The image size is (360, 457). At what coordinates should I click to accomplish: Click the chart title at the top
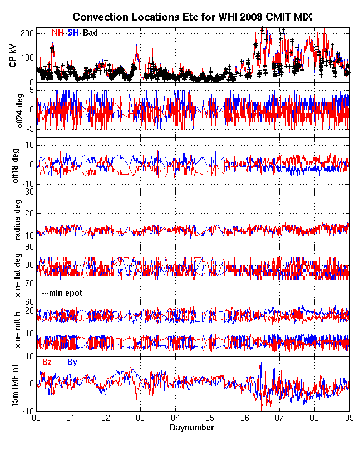click(192, 18)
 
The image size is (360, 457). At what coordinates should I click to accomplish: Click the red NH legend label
click(57, 33)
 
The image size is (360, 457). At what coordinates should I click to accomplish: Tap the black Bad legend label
click(90, 33)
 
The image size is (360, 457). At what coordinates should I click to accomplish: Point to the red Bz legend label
click(47, 362)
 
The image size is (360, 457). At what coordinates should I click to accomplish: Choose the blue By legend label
click(72, 362)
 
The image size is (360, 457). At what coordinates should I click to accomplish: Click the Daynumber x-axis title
click(192, 428)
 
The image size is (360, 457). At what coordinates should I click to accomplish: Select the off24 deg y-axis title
click(13, 110)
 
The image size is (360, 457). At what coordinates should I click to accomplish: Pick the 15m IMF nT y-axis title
click(13, 384)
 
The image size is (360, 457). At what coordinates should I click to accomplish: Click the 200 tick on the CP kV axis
click(27, 33)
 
